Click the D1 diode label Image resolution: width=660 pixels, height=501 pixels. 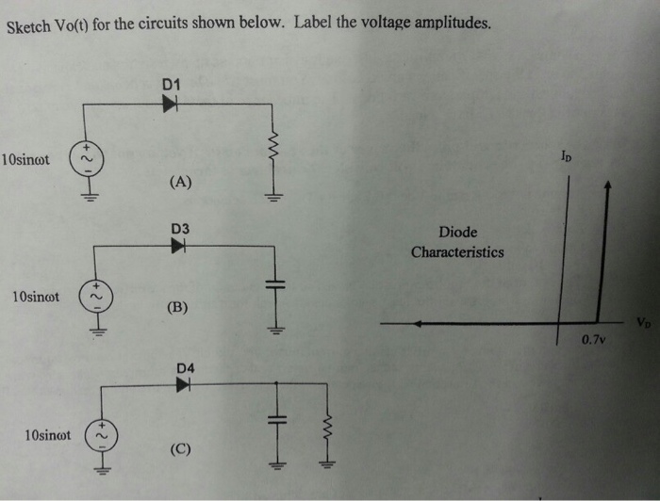point(171,85)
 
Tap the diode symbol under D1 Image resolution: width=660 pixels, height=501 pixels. point(170,105)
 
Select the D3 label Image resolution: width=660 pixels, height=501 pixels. point(179,229)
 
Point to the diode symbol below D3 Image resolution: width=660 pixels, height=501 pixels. point(179,246)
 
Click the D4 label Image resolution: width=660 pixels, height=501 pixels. point(184,367)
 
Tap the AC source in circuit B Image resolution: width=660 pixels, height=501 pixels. point(97,296)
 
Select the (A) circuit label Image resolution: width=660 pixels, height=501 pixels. point(180,183)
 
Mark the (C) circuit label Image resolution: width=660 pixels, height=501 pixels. point(180,448)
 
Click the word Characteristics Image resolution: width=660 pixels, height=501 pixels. point(457,252)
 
